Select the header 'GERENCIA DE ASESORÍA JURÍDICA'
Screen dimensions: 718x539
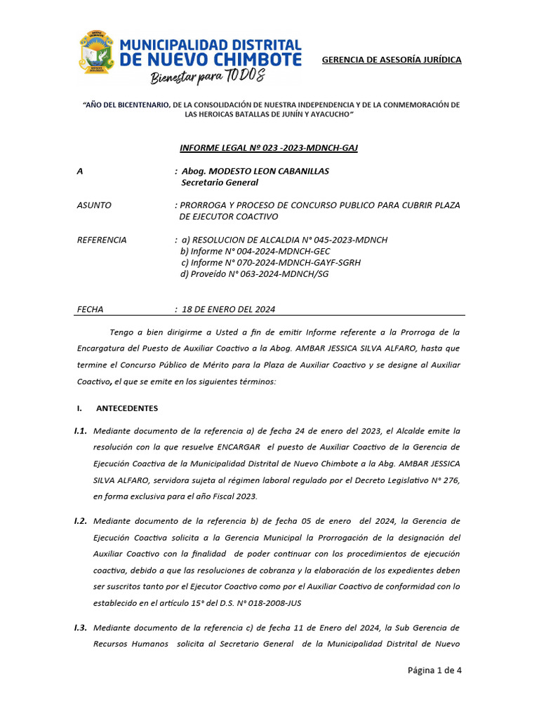(x=391, y=60)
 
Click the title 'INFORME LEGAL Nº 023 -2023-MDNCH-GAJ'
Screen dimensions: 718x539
(x=269, y=148)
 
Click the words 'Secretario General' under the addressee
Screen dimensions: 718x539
(x=220, y=183)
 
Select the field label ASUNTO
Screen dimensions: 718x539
(x=93, y=205)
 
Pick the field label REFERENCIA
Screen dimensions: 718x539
(x=101, y=240)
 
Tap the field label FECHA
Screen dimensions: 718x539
(x=90, y=309)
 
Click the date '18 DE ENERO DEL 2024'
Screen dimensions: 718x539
(x=228, y=309)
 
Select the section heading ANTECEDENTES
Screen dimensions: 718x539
(x=126, y=408)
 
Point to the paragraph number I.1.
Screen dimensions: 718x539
(x=80, y=431)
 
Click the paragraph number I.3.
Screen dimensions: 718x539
(x=80, y=628)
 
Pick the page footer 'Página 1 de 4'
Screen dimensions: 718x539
(x=434, y=670)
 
